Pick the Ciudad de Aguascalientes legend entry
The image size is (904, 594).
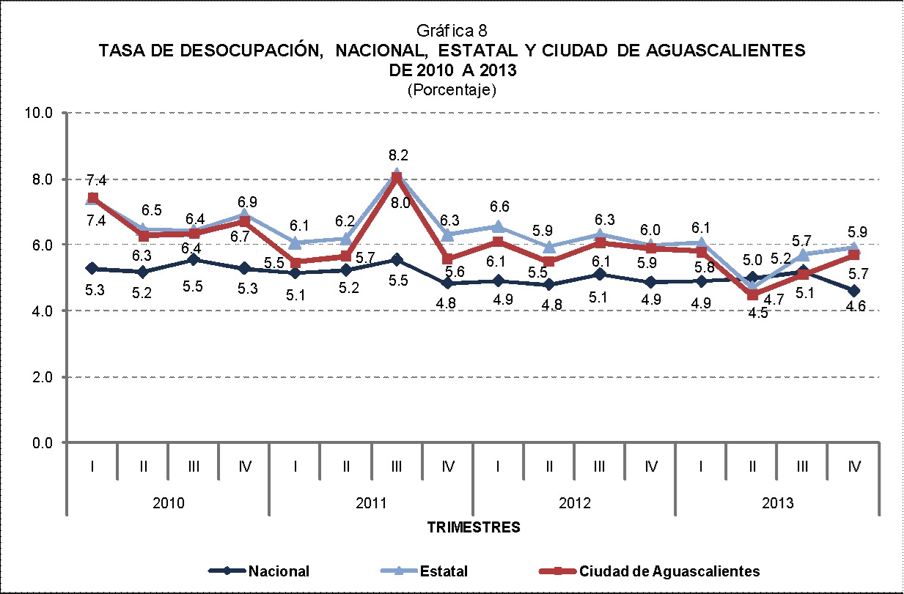coord(669,571)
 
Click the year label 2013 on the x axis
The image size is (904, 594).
coord(777,503)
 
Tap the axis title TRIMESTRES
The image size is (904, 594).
coord(474,526)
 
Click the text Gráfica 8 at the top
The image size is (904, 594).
coord(453,31)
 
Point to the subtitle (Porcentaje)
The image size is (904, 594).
coord(452,90)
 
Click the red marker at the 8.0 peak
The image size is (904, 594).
coord(397,178)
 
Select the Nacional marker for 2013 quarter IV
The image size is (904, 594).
coord(853,291)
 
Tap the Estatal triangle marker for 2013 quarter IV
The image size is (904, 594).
coord(853,248)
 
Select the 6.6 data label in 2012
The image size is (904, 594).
coord(499,207)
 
